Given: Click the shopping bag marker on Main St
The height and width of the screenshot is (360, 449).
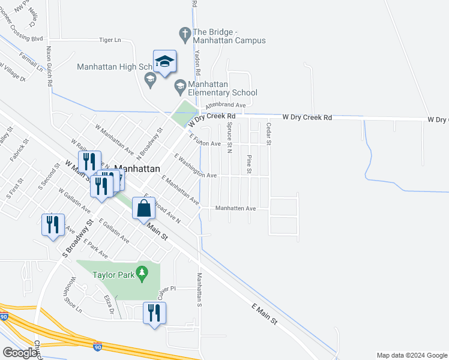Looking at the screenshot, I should [144, 209].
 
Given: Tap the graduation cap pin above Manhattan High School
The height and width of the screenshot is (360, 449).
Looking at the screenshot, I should [165, 61].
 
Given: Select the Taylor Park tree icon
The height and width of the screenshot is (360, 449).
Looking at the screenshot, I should [142, 274].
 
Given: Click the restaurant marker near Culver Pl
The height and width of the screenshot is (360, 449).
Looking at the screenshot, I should [154, 313].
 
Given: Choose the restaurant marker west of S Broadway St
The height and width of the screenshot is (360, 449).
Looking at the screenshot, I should [53, 225].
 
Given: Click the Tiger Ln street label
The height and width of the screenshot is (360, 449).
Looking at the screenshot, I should [110, 40].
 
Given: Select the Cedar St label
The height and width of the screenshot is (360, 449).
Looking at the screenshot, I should [269, 134].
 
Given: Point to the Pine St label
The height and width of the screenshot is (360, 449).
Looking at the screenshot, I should [249, 163].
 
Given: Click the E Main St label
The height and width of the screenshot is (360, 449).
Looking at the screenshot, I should [265, 314].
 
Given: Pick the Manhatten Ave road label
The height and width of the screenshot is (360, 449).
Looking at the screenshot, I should [236, 208].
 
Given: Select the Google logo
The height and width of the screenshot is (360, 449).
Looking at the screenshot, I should [20, 353].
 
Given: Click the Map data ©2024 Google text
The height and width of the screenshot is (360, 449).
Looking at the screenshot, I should [411, 355].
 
